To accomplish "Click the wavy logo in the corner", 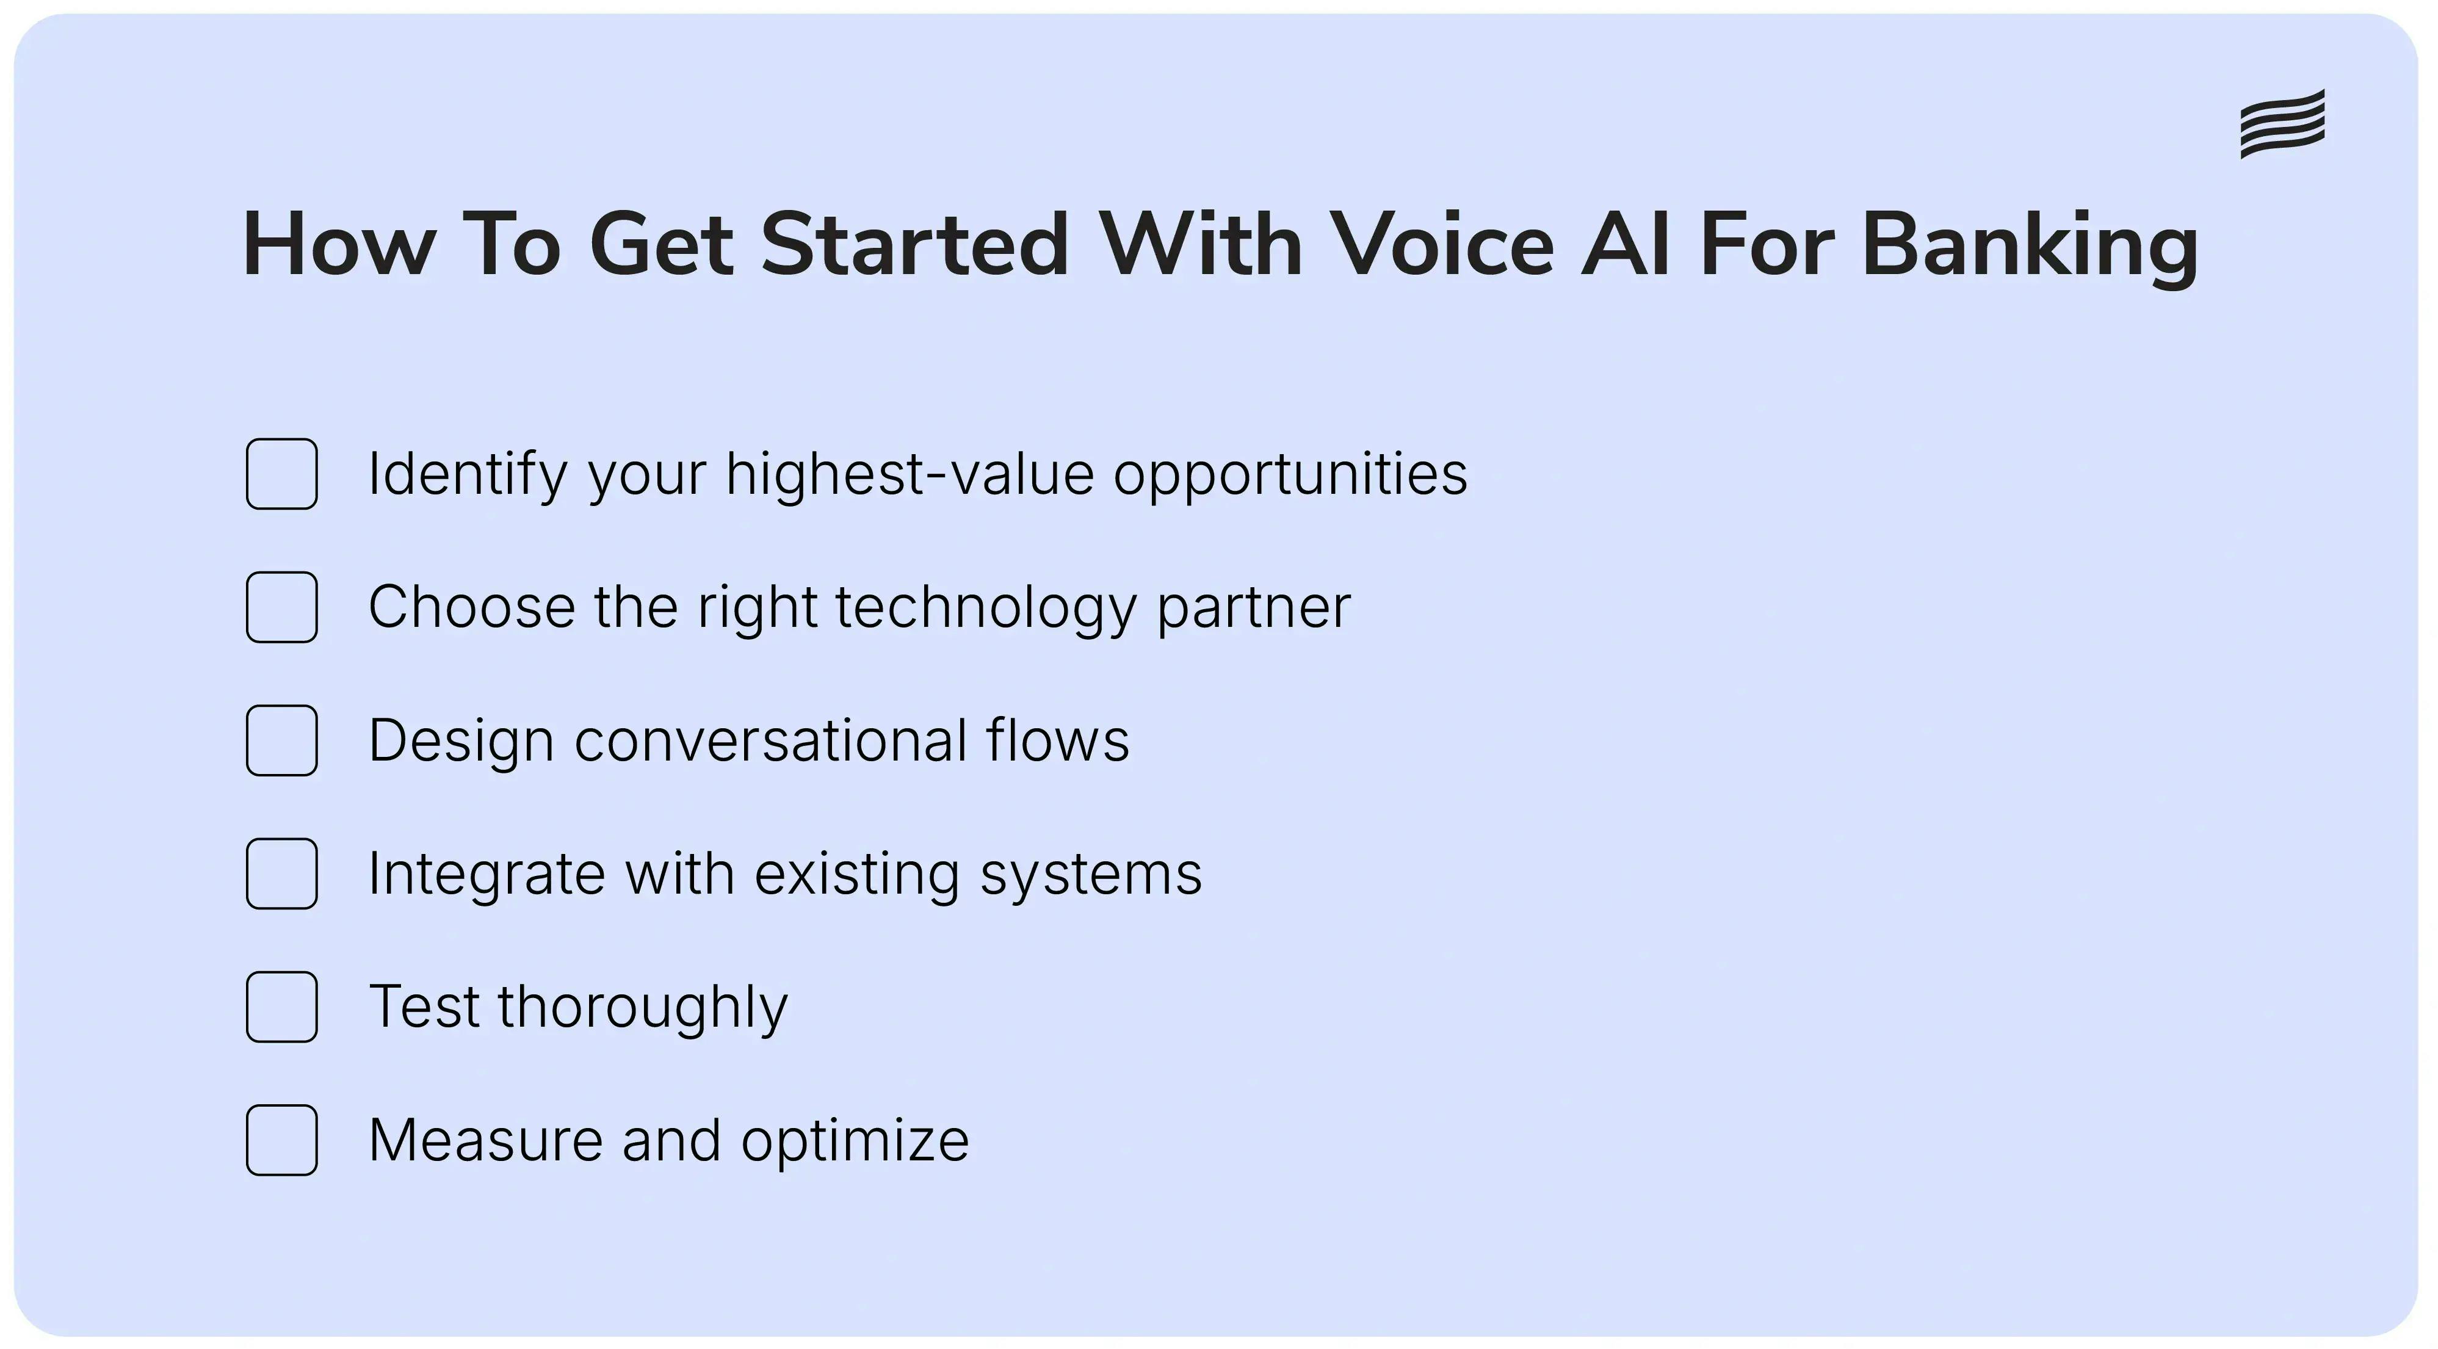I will coord(2282,124).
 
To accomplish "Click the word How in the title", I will coord(339,244).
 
